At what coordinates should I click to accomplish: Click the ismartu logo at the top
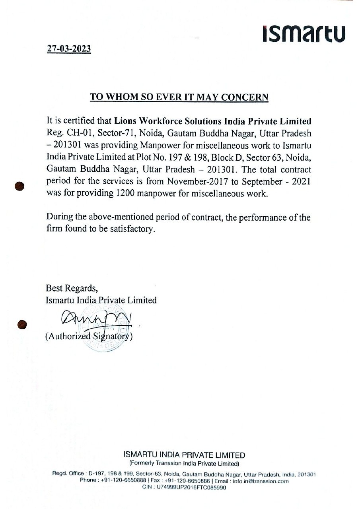[304, 33]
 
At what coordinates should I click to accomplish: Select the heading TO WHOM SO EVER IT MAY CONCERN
[179, 97]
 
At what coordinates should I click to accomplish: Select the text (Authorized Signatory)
[89, 336]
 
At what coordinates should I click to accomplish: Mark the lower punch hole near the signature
[22, 324]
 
